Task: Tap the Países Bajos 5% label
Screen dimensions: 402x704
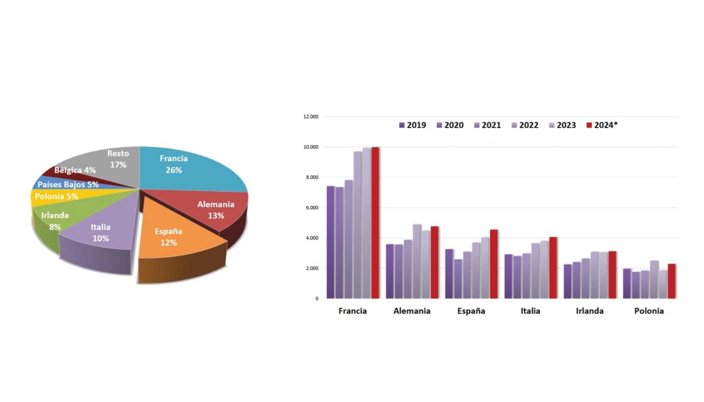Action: [x=69, y=184]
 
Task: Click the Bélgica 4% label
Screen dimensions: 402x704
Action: [x=75, y=170]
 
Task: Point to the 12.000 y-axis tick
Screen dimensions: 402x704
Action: [x=310, y=116]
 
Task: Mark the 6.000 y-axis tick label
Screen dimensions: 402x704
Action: [x=312, y=207]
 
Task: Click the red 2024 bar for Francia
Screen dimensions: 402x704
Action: [x=375, y=223]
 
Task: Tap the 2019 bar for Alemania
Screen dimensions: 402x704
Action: [x=390, y=271]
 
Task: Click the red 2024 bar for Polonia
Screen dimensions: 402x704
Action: [x=671, y=281]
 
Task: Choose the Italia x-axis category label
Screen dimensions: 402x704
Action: [x=529, y=311]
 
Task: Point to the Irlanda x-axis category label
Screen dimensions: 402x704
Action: [x=589, y=311]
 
